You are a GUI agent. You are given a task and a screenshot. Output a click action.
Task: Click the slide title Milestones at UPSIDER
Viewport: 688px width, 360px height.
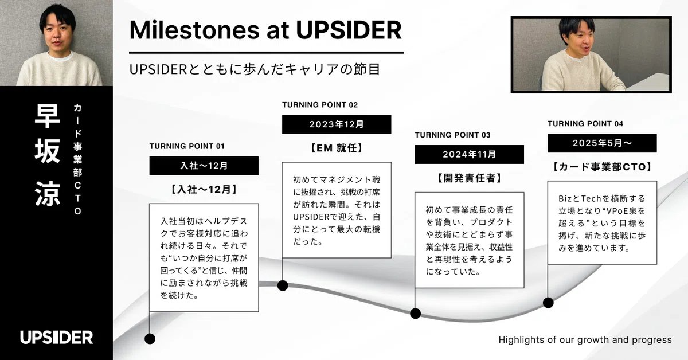pos(265,30)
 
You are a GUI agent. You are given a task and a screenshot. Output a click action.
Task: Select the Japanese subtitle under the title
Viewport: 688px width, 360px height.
pos(255,69)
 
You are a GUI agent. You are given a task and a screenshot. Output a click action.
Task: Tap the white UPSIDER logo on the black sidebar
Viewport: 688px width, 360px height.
pos(56,337)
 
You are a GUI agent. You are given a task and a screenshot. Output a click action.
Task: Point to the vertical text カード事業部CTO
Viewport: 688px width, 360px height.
pos(77,159)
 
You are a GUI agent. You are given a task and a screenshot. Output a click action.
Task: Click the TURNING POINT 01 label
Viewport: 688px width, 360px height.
pos(187,146)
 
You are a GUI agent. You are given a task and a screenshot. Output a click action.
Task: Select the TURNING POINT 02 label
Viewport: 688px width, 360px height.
pos(320,105)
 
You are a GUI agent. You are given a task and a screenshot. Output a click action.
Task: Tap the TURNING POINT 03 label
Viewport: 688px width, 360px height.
pos(452,135)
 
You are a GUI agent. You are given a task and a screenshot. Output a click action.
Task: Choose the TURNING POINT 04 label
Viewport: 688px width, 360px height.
pos(585,124)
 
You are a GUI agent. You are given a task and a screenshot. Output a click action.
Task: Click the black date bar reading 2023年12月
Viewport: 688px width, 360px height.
pos(337,124)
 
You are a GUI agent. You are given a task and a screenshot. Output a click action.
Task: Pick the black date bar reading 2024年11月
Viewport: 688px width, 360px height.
pos(469,155)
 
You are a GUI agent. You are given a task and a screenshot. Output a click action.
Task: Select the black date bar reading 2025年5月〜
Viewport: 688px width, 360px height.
pos(601,143)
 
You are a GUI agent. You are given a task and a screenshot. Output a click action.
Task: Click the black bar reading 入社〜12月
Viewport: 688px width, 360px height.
pos(204,166)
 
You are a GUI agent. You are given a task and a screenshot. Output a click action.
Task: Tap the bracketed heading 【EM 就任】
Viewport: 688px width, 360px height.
pos(337,148)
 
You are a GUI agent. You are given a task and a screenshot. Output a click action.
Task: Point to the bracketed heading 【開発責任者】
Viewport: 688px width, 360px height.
pos(469,178)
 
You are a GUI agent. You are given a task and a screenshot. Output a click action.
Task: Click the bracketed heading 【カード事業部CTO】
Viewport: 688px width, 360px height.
pos(601,167)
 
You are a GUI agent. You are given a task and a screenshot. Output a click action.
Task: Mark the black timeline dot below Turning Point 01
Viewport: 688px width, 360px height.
pos(150,339)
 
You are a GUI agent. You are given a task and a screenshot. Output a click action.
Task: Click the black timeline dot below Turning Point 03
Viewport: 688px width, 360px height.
pos(416,314)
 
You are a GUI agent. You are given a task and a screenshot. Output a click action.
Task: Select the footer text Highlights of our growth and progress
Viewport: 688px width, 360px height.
pos(585,340)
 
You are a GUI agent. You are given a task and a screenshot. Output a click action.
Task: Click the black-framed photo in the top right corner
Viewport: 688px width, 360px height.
pos(591,55)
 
